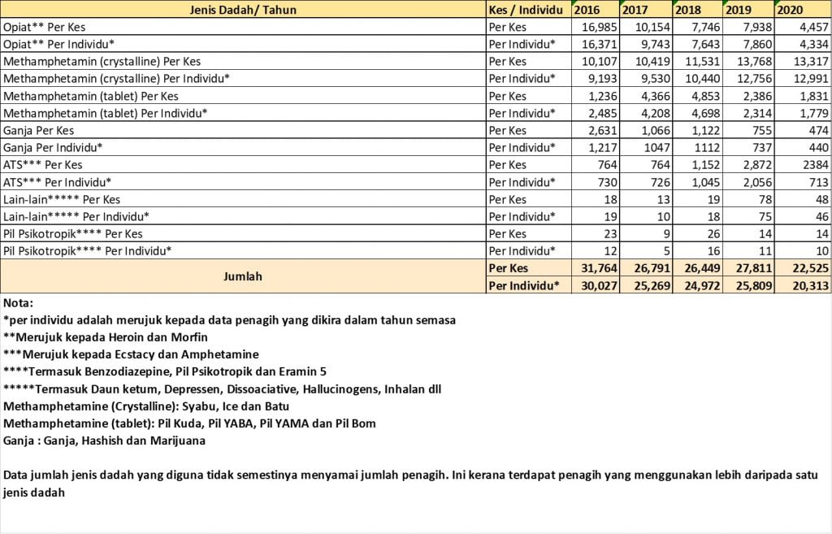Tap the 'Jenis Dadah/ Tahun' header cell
coord(242,10)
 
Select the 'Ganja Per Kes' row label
coord(39,131)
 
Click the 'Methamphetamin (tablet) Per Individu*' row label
coord(106,113)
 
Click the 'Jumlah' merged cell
coord(242,276)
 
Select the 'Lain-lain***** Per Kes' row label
coord(62,200)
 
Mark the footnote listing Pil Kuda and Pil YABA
coord(190,423)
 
